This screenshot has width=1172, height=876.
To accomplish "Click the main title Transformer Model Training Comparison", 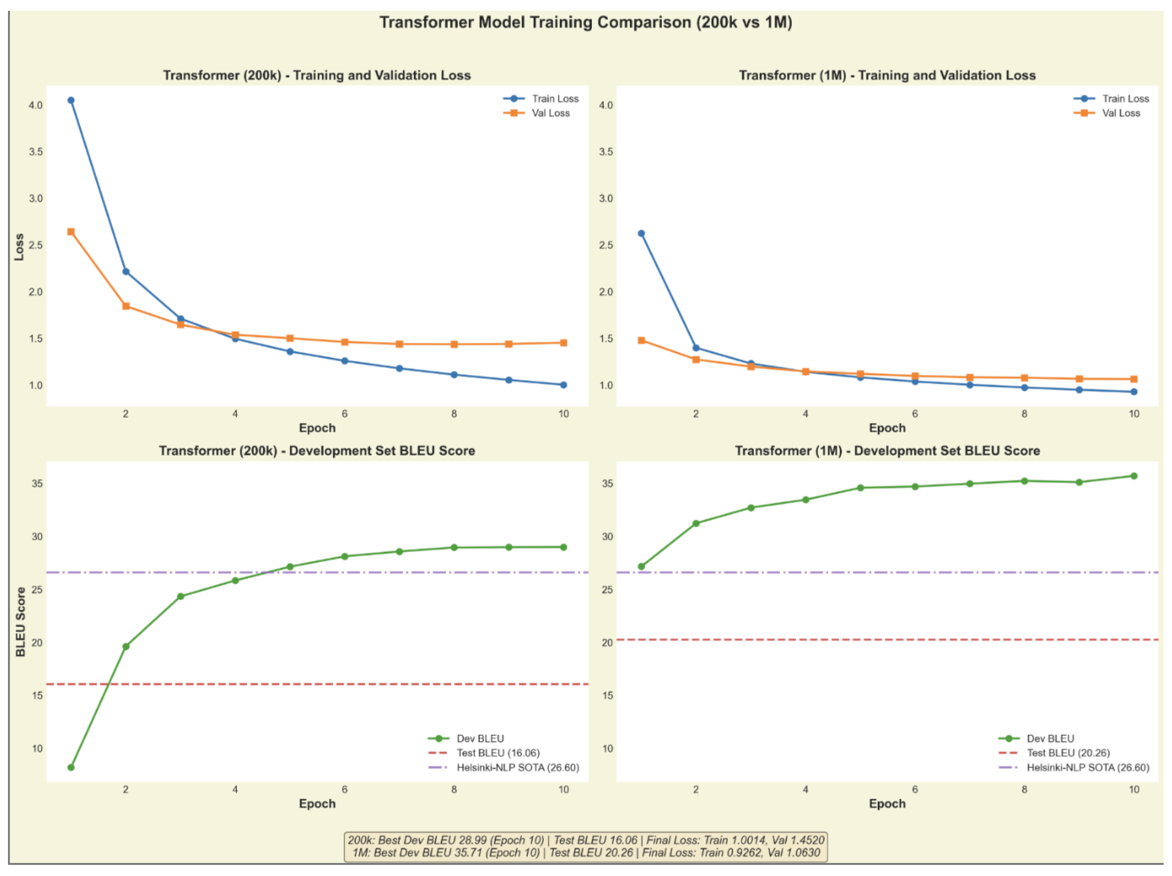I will [x=585, y=22].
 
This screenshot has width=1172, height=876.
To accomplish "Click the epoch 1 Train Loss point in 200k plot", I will [x=71, y=100].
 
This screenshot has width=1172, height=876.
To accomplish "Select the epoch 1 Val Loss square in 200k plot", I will [x=71, y=232].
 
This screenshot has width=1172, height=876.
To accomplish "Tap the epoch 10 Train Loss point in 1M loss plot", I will [x=1134, y=392].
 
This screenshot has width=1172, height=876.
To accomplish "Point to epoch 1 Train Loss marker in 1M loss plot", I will [x=641, y=233].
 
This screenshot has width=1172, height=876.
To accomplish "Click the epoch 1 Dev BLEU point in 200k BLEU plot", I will [x=71, y=767].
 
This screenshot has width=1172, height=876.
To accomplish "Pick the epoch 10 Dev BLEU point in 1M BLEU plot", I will [x=1134, y=476].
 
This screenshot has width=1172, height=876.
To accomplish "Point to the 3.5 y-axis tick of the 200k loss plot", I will [x=36, y=152].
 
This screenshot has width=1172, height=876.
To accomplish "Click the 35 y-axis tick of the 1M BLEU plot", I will [x=607, y=483].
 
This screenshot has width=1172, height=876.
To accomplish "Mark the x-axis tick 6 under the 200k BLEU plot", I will [x=344, y=789].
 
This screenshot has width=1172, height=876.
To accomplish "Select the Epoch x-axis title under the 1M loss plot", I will [x=887, y=428].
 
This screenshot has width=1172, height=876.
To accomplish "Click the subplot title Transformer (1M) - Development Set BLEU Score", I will [x=887, y=451].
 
